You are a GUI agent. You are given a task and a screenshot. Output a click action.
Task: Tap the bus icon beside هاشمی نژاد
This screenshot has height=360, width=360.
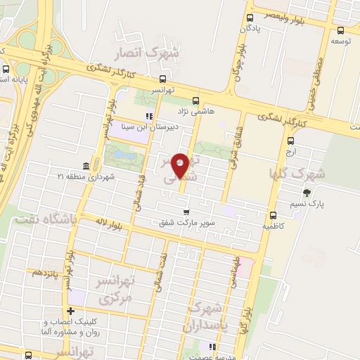pos(195,100)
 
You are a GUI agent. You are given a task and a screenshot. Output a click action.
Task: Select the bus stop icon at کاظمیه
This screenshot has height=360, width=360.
pos(273,215)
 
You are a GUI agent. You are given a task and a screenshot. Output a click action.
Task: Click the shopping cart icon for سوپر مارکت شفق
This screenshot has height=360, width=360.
pos(186,212)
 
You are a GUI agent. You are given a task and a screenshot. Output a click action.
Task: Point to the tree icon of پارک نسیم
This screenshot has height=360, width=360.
pos(306,193)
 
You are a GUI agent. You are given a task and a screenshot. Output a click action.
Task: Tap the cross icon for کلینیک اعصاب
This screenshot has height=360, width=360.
pos(70,311)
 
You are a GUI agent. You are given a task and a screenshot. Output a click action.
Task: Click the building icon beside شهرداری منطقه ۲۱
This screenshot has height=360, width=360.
pos(86,166)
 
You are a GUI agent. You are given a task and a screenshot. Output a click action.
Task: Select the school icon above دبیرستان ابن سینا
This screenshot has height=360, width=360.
pos(148,117)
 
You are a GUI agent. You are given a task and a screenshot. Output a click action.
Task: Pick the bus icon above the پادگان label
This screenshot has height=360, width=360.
pos(250,18)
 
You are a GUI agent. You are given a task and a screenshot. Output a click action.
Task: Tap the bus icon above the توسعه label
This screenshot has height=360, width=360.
pos(341,30)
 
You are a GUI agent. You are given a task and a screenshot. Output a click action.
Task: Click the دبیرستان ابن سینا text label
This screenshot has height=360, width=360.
pos(141,127)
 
